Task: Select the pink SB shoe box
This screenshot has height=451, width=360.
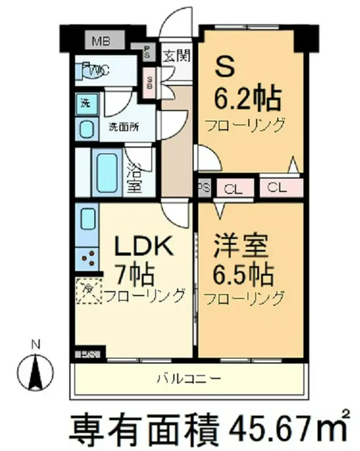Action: [150, 82]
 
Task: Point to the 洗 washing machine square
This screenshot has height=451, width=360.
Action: [86, 102]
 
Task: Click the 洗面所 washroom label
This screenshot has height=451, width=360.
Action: [124, 127]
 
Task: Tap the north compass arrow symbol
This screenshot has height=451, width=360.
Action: [35, 369]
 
